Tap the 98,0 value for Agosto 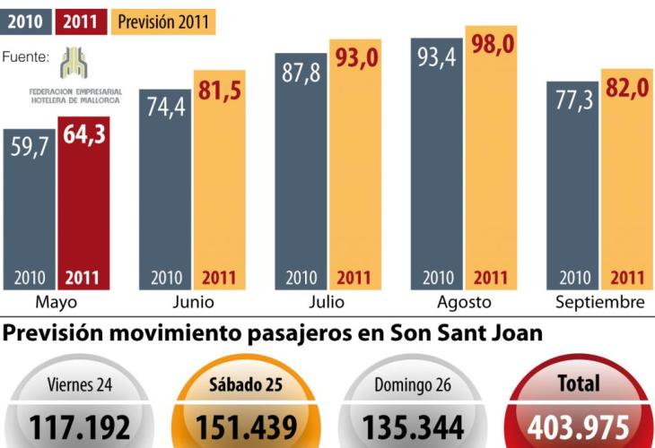click(492, 44)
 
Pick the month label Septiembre click(599, 302)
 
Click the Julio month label click(327, 302)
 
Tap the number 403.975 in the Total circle click(579, 426)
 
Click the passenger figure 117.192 click(80, 426)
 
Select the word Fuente click(25, 57)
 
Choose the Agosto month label click(465, 302)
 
